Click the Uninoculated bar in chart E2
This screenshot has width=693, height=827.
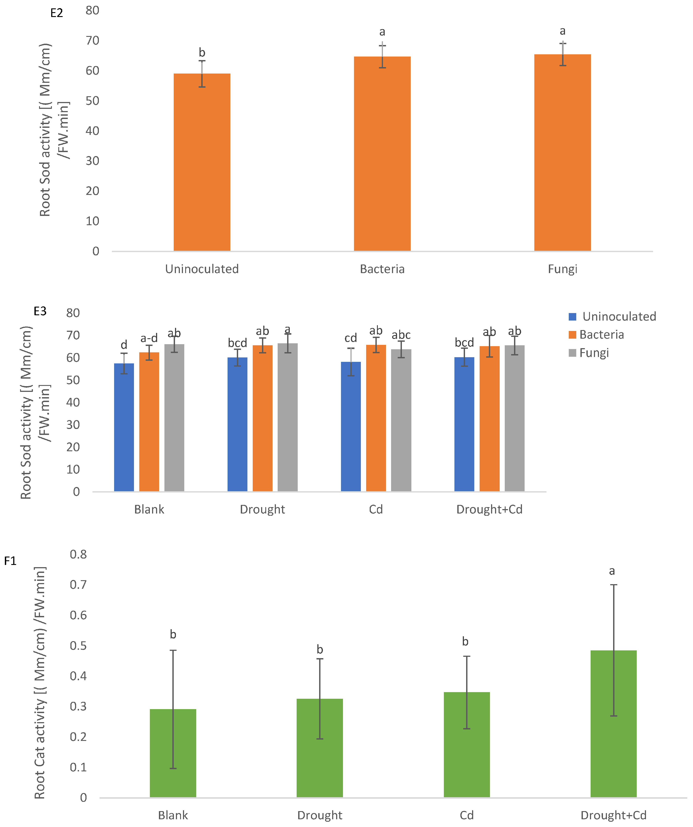pyautogui.click(x=202, y=162)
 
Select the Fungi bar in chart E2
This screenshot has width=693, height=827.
pyautogui.click(x=563, y=153)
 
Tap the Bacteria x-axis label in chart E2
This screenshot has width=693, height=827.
pyautogui.click(x=382, y=269)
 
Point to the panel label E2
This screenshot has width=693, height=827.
pyautogui.click(x=57, y=13)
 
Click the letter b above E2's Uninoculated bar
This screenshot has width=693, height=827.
pyautogui.click(x=202, y=52)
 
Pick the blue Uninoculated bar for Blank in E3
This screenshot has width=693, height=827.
pyautogui.click(x=124, y=427)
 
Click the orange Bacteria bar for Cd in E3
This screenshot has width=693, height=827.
pyautogui.click(x=376, y=418)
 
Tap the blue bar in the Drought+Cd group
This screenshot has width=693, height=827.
pyautogui.click(x=464, y=424)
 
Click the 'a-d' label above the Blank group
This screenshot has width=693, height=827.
pyautogui.click(x=149, y=338)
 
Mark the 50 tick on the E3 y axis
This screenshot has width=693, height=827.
pyautogui.click(x=73, y=380)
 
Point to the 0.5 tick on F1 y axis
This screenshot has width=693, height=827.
pyautogui.click(x=78, y=646)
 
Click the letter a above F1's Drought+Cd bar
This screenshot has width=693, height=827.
pyautogui.click(x=612, y=571)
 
